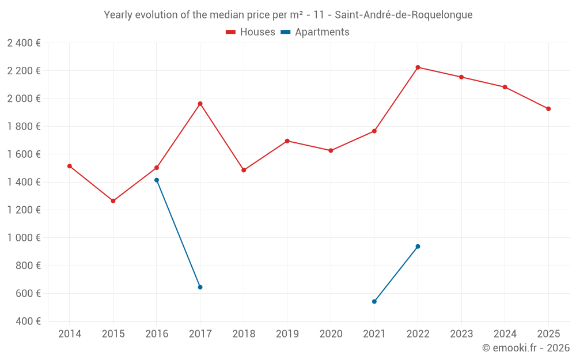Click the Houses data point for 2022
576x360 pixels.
[x=418, y=67]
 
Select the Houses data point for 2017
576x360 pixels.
[x=200, y=104]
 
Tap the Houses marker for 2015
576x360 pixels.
[x=113, y=201]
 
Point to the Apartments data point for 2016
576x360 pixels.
[x=157, y=180]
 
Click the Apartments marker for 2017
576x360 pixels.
[x=200, y=287]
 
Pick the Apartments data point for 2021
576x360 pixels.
[x=374, y=301]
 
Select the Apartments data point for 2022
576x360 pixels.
[x=418, y=247]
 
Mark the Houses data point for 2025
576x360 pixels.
[x=548, y=109]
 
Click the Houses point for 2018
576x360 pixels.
[x=244, y=170]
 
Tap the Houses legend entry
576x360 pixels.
[x=251, y=32]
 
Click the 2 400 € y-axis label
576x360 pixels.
[x=24, y=43]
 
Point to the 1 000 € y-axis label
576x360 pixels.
[x=24, y=238]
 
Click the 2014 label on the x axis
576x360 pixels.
[x=70, y=334]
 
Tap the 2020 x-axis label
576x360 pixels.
[x=331, y=334]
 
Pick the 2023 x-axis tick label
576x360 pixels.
[x=461, y=334]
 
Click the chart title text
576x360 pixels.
[x=288, y=15]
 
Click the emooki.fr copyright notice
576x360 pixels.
[x=525, y=348]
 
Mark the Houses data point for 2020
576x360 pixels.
[x=331, y=150]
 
